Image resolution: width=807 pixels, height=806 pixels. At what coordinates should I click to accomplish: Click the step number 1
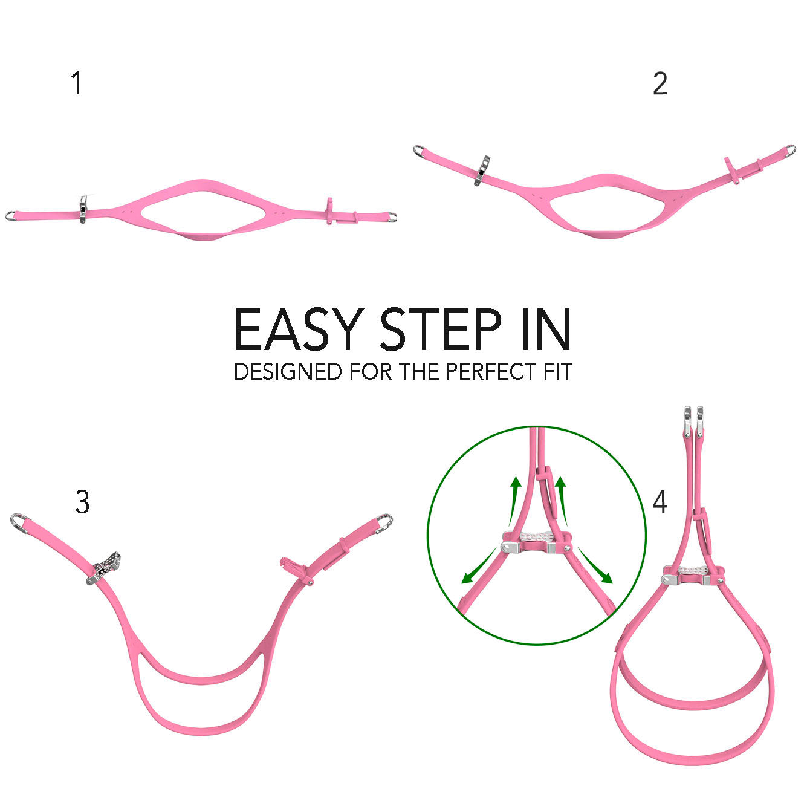point(76,83)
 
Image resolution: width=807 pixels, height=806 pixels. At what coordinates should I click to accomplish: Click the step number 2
point(660,84)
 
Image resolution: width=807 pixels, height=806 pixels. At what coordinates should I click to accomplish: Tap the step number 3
point(82,502)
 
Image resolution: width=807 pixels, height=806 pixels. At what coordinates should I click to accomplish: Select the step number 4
point(660,502)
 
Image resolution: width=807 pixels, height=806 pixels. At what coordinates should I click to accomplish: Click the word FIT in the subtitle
point(557,371)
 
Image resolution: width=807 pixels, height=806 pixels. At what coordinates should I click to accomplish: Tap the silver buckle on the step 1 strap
point(83,209)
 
